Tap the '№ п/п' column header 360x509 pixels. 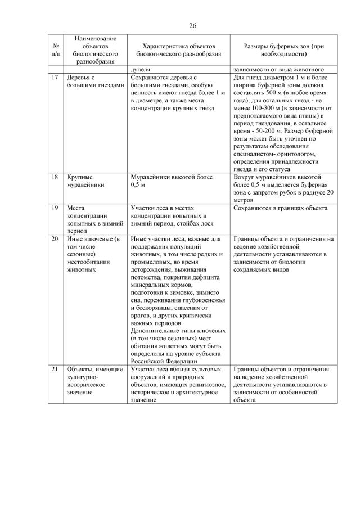coord(55,50)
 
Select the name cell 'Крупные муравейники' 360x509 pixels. coord(87,181)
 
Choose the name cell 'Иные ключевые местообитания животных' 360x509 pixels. coord(93,254)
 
